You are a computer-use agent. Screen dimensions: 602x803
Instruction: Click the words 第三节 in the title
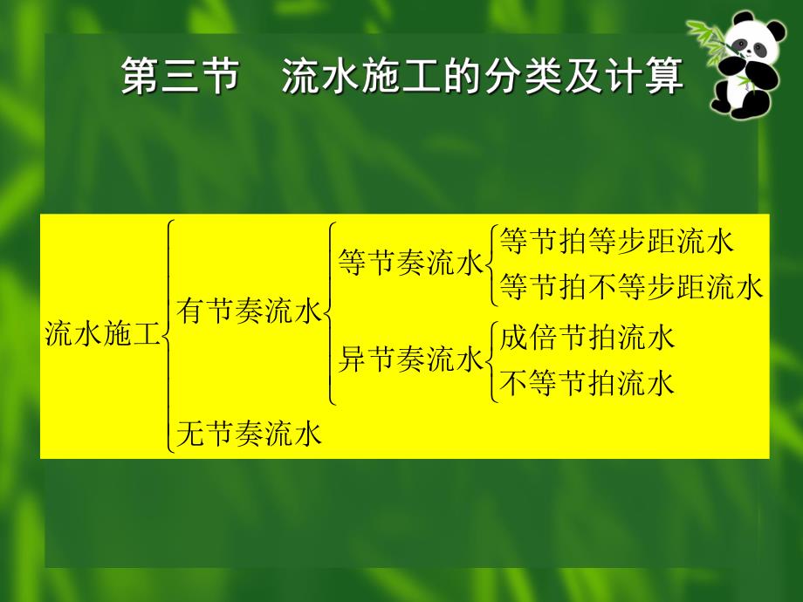(180, 77)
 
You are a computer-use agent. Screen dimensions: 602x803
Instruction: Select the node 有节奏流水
(249, 311)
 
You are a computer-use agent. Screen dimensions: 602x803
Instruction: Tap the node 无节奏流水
(249, 433)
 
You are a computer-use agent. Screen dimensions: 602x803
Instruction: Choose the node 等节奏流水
(410, 263)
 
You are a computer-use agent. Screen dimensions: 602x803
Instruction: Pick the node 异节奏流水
(410, 359)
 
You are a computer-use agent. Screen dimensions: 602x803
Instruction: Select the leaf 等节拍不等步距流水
(632, 287)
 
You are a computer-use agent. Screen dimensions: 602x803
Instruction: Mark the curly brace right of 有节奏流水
(329, 312)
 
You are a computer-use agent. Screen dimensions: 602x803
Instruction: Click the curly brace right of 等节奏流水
(491, 264)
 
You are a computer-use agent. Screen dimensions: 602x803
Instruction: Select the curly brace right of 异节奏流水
(491, 360)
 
